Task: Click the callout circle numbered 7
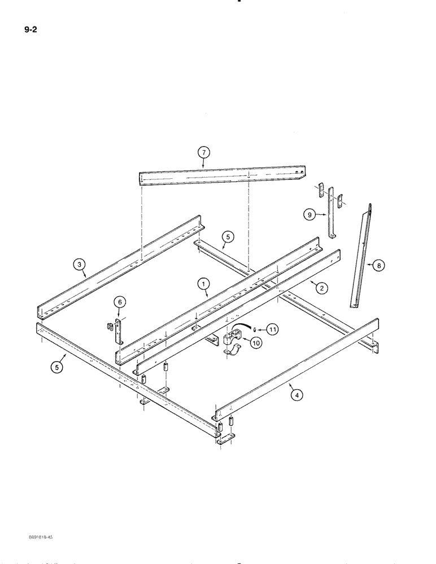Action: click(203, 152)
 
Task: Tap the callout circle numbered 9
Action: click(308, 214)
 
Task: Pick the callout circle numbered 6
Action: click(119, 303)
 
